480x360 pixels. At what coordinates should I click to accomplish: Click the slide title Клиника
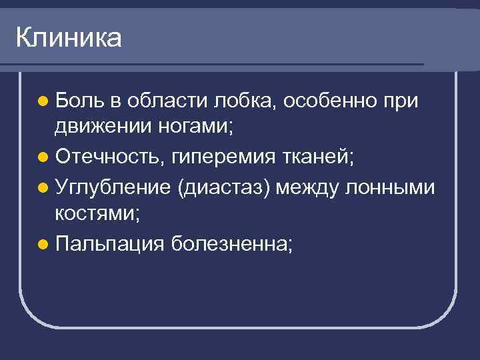[68, 38]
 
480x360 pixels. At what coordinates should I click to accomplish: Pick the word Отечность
[110, 158]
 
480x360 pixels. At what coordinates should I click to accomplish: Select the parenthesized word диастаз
[225, 187]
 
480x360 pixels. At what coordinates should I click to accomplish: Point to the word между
[308, 187]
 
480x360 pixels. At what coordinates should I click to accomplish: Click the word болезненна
[231, 245]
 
